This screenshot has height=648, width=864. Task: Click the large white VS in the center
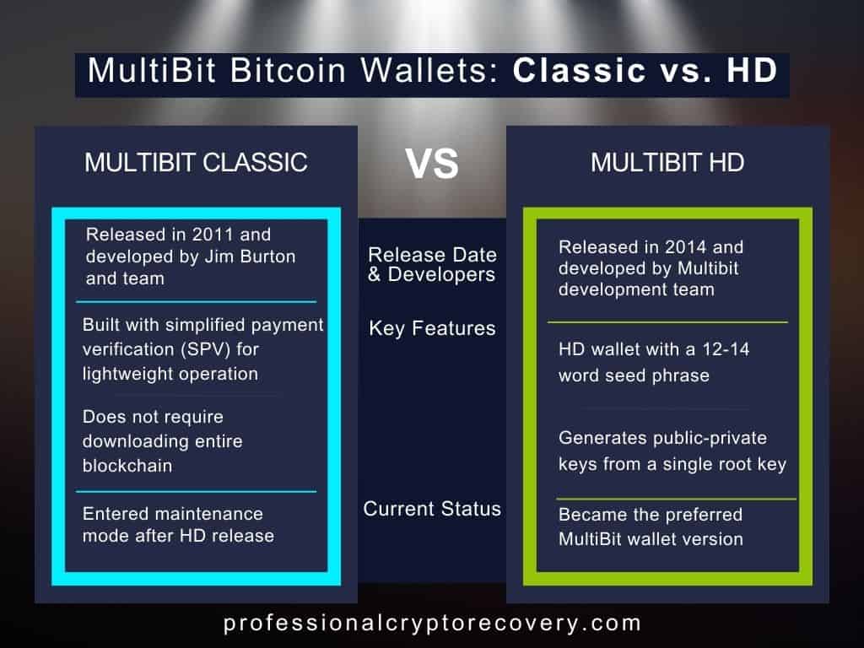[432, 164]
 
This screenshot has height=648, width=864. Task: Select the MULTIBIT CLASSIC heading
[196, 162]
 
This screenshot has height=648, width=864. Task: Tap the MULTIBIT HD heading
[667, 162]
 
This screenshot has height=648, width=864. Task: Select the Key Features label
[432, 329]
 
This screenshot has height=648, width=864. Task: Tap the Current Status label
[432, 509]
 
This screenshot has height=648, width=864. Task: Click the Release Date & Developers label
[432, 264]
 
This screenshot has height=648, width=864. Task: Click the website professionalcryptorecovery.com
[432, 624]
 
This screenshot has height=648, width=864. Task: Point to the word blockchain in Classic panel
[127, 465]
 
